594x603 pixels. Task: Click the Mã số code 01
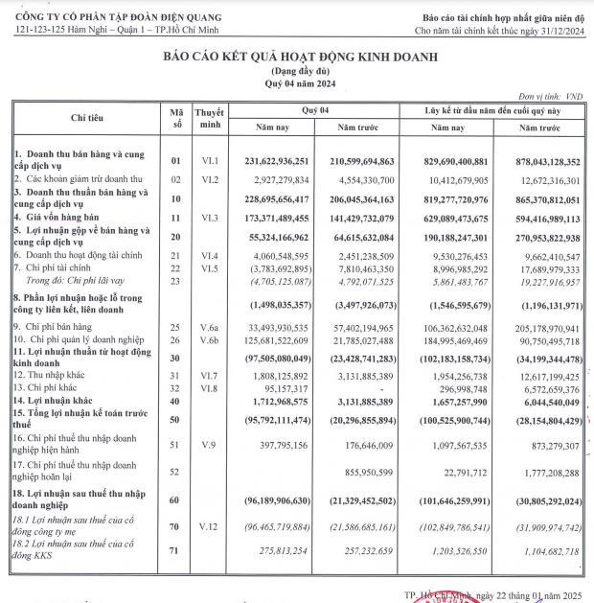[175, 161]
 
